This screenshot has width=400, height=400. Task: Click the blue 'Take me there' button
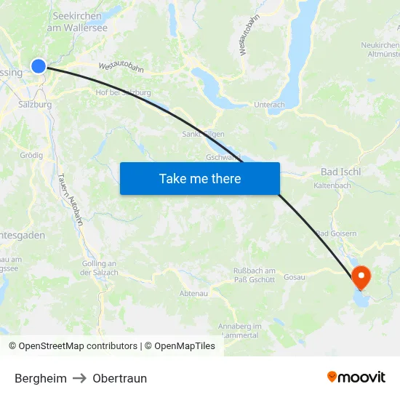coord(200,178)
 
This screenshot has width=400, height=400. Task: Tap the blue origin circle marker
coord(39,66)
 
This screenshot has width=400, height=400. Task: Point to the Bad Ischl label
coord(340,172)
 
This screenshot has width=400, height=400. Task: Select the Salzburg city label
coord(35,104)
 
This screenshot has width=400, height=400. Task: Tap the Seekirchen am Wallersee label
coord(76,21)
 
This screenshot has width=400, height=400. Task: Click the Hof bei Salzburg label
coord(123,92)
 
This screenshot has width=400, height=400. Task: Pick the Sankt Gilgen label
coord(203,134)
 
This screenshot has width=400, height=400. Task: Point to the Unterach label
coord(269,105)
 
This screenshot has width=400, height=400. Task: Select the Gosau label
coord(295,277)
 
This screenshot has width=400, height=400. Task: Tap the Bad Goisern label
coord(336,233)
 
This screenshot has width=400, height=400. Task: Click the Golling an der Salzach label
coord(99,268)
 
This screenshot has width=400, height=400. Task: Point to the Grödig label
coord(31,155)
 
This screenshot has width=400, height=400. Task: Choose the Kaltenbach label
coord(332,186)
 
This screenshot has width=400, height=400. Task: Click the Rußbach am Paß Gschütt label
coord(254,275)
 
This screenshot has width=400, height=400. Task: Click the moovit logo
coord(356,377)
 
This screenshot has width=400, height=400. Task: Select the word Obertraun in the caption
coord(119,378)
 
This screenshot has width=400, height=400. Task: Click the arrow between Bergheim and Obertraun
coord(79,378)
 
